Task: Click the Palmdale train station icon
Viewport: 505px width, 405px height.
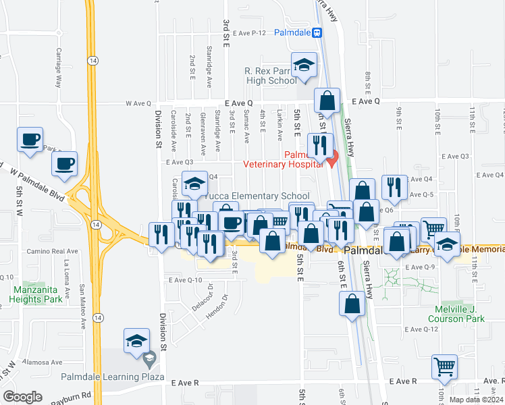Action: click(x=317, y=32)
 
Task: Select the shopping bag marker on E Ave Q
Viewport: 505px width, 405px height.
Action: click(x=327, y=101)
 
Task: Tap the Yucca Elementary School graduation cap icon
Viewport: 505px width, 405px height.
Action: click(x=194, y=184)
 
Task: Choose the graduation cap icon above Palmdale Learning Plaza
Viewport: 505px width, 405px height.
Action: click(x=136, y=342)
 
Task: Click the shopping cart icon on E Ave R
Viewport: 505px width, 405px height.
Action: click(x=444, y=368)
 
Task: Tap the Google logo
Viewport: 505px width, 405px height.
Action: click(x=23, y=397)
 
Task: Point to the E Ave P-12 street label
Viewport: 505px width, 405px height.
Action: click(x=250, y=32)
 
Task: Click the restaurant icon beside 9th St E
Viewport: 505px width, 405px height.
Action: click(x=394, y=188)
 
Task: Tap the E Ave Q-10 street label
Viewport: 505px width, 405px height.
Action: click(x=186, y=279)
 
